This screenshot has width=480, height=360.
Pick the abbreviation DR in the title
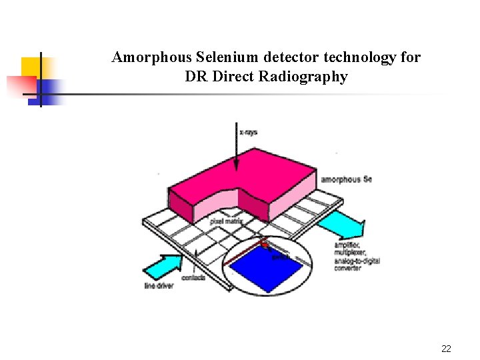196,77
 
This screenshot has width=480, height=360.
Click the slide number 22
446,349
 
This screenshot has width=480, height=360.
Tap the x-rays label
249,132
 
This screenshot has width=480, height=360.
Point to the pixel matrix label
225,221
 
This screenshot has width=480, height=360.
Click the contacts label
193,277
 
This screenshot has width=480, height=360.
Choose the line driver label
159,287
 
